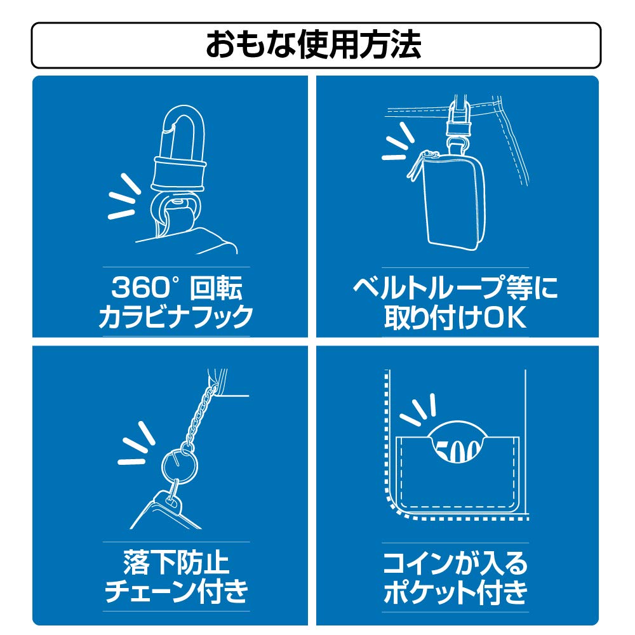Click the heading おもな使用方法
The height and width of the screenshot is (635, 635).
pyautogui.click(x=314, y=44)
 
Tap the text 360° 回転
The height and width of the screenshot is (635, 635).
pyautogui.click(x=177, y=288)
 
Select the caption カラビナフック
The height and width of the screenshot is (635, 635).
pyautogui.click(x=176, y=316)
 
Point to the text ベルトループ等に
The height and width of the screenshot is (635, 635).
pyautogui.click(x=455, y=288)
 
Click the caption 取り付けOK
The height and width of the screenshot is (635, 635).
pyautogui.click(x=455, y=317)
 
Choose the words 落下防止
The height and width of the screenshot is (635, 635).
pyautogui.click(x=176, y=563)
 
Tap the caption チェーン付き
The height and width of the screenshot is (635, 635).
pyautogui.click(x=176, y=592)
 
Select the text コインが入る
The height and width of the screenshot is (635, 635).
pyautogui.click(x=455, y=563)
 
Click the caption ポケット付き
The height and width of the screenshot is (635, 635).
pyautogui.click(x=455, y=592)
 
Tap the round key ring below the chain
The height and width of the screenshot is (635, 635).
pyautogui.click(x=180, y=465)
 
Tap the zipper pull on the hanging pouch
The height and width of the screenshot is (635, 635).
pyautogui.click(x=414, y=168)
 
